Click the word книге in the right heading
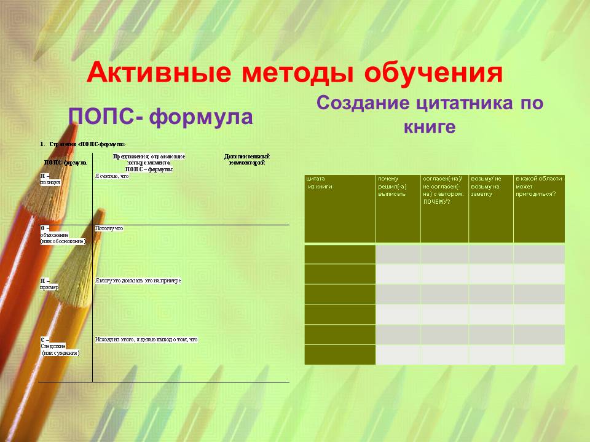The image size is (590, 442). (x=430, y=127)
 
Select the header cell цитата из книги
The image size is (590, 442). (x=339, y=208)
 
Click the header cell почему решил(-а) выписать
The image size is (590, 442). (x=398, y=208)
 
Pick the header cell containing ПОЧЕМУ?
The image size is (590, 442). (x=444, y=208)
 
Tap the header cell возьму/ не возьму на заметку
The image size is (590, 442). (x=490, y=208)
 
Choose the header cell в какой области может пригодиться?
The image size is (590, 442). (x=538, y=208)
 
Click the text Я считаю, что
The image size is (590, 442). (x=112, y=176)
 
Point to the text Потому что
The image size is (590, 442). (x=109, y=228)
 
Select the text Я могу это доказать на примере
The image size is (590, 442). (x=138, y=281)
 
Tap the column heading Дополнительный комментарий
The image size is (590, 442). (x=247, y=160)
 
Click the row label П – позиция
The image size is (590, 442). (x=50, y=179)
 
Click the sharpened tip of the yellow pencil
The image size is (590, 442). (x=100, y=212)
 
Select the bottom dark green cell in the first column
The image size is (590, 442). (x=339, y=355)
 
